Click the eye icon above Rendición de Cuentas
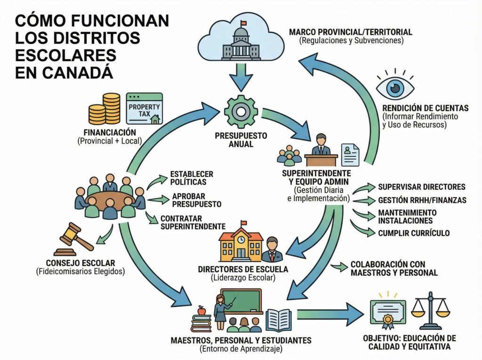(396, 87)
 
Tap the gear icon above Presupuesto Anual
(241, 112)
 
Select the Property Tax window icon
(144, 109)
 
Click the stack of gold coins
(104, 109)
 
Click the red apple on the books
(202, 310)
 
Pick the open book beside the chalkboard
(278, 320)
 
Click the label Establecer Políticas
(185, 178)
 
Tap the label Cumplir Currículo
(414, 233)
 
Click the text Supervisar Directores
(421, 187)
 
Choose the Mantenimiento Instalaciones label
(407, 216)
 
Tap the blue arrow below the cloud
(241, 78)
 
